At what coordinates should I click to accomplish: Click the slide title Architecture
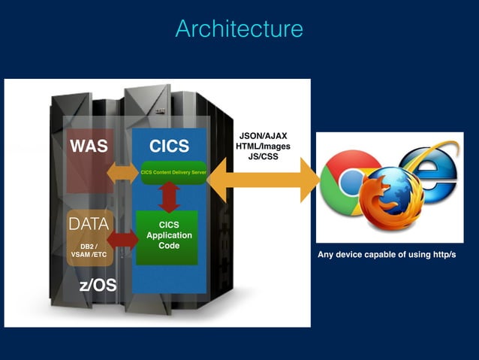tap(239, 29)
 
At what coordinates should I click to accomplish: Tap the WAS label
tap(89, 145)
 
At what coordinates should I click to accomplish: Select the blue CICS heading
tap(169, 145)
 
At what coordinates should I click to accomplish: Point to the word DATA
tap(89, 223)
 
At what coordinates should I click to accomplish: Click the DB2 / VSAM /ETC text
tap(89, 250)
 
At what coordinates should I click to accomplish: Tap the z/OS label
tap(98, 286)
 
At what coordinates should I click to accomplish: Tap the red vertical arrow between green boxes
tap(169, 197)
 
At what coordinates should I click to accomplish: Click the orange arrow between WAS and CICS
tap(122, 172)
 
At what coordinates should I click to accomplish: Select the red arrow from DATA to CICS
tap(123, 240)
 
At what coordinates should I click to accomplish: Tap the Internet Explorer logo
tap(430, 167)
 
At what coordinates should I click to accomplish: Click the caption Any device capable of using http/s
tap(387, 255)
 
